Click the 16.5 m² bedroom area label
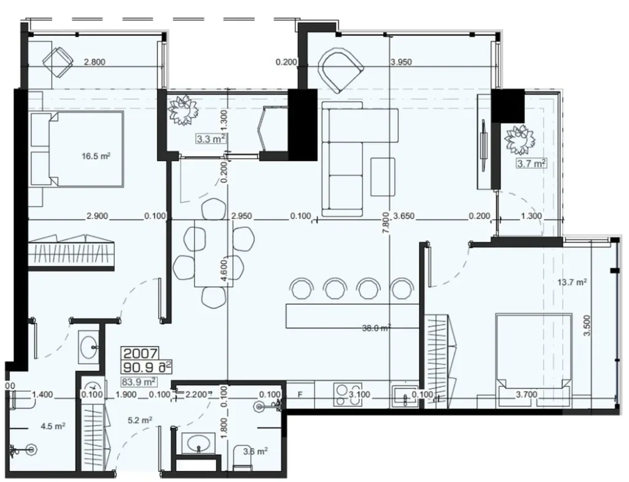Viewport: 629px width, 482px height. tap(96, 157)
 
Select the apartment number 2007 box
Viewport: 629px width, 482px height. tap(141, 354)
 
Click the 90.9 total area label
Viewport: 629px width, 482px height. tap(147, 368)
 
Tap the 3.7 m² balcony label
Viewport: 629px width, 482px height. tap(531, 163)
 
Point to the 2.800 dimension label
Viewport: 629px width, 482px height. tap(95, 61)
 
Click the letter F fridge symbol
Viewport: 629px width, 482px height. tap(300, 395)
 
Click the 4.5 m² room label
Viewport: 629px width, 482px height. tap(52, 426)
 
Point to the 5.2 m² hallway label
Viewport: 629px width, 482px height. tap(139, 421)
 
